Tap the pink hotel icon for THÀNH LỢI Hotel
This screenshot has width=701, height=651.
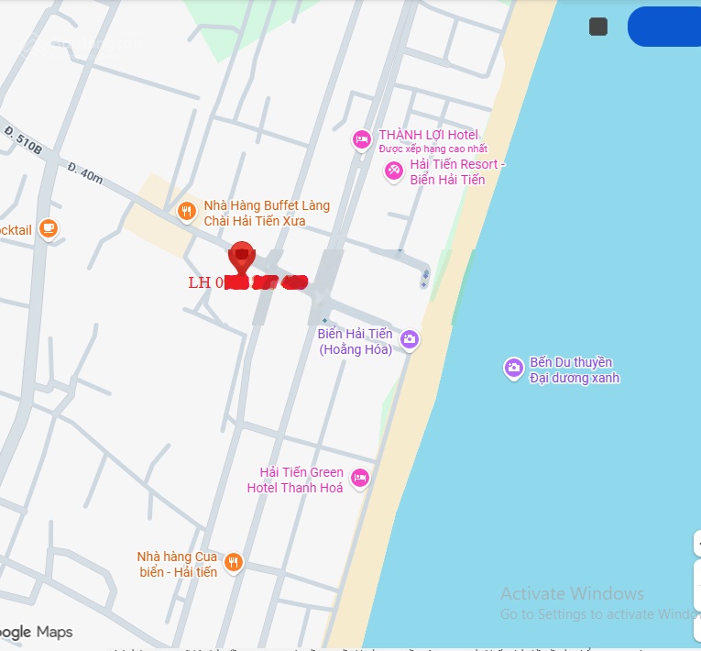tap(362, 139)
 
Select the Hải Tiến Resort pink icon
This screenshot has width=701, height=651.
tap(394, 171)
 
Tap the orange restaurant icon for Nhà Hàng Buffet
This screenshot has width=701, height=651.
tap(187, 212)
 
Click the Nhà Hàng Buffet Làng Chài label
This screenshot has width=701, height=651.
tap(266, 213)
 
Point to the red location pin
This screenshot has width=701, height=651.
tap(241, 256)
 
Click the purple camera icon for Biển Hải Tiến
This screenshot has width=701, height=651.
tap(410, 340)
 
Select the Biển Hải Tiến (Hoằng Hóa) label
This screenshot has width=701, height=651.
tap(356, 341)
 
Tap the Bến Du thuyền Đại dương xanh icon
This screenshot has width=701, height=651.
tap(513, 368)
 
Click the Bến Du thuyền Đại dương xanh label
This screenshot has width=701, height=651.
tap(575, 370)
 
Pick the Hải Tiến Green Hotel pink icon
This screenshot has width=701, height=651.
tap(360, 478)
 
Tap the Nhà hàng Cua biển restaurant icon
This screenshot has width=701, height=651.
tap(234, 562)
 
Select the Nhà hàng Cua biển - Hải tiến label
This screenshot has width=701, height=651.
tap(178, 564)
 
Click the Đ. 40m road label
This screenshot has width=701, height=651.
tap(85, 173)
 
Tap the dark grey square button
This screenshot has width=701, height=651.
tap(598, 27)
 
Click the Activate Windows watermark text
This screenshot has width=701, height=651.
tap(572, 593)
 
